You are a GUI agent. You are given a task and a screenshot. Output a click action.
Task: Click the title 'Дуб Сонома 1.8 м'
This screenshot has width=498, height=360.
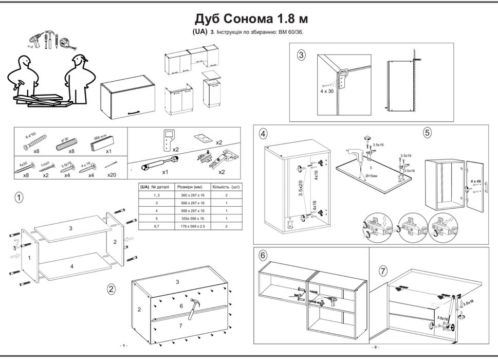click(x=251, y=19)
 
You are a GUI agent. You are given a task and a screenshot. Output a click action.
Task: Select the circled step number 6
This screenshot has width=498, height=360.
click(x=263, y=255)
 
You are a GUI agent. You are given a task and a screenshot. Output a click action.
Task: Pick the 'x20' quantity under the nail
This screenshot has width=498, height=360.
click(x=112, y=174)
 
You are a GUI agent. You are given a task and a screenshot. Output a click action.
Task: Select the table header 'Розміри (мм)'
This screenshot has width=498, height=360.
click(x=191, y=187)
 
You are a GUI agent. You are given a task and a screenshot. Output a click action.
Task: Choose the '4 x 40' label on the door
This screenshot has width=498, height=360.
click(x=475, y=182)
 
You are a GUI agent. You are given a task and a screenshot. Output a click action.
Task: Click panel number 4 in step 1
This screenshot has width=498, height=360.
click(x=72, y=266)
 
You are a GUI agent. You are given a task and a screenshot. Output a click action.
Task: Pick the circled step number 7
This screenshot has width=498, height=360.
click(x=383, y=271)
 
